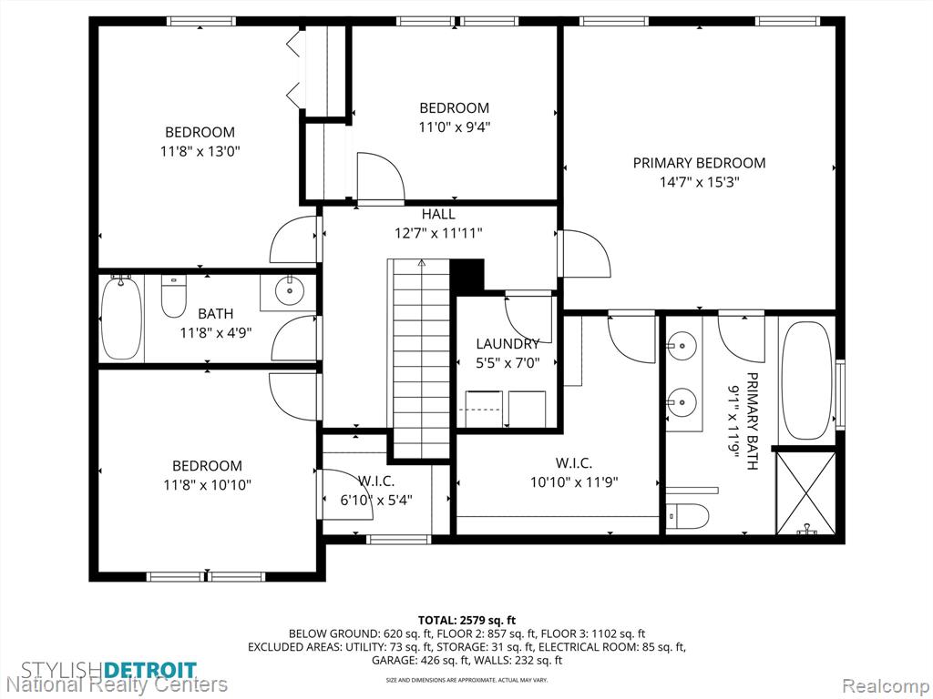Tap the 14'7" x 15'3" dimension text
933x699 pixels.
(699, 182)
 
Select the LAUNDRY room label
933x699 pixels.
(508, 343)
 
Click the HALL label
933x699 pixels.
(438, 214)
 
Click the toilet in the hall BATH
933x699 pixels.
(173, 297)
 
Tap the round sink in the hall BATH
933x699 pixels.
(290, 290)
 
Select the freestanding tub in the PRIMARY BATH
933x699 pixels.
(806, 380)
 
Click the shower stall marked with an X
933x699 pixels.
(806, 493)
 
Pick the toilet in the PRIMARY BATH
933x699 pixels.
(688, 517)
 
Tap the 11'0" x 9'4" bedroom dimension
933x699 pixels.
(455, 127)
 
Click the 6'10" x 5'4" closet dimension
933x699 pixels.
(376, 501)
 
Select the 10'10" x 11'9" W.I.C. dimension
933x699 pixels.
(574, 482)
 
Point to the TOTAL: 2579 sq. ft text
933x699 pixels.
(467, 621)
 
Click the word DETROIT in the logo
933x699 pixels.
(150, 670)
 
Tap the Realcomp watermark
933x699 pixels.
(884, 685)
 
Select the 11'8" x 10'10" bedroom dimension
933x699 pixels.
(207, 485)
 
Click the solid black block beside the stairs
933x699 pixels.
(467, 276)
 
